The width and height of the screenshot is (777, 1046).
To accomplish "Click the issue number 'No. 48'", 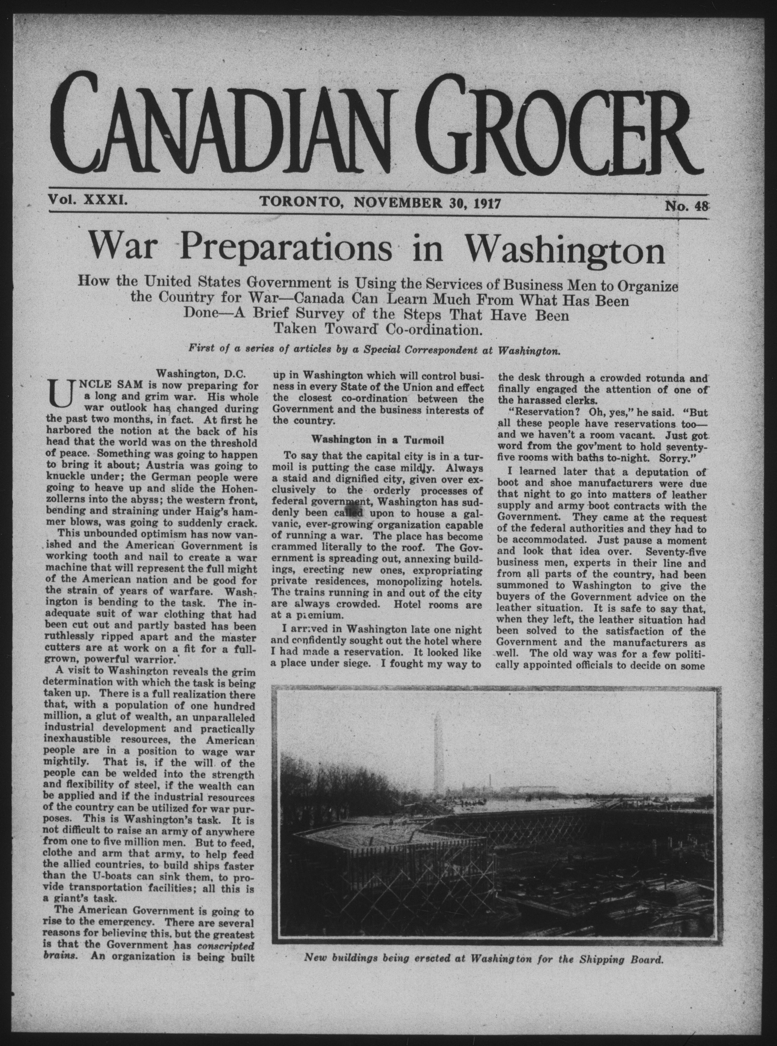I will pyautogui.click(x=686, y=207).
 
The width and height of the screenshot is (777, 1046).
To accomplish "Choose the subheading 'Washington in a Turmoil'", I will pyautogui.click(x=378, y=439).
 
